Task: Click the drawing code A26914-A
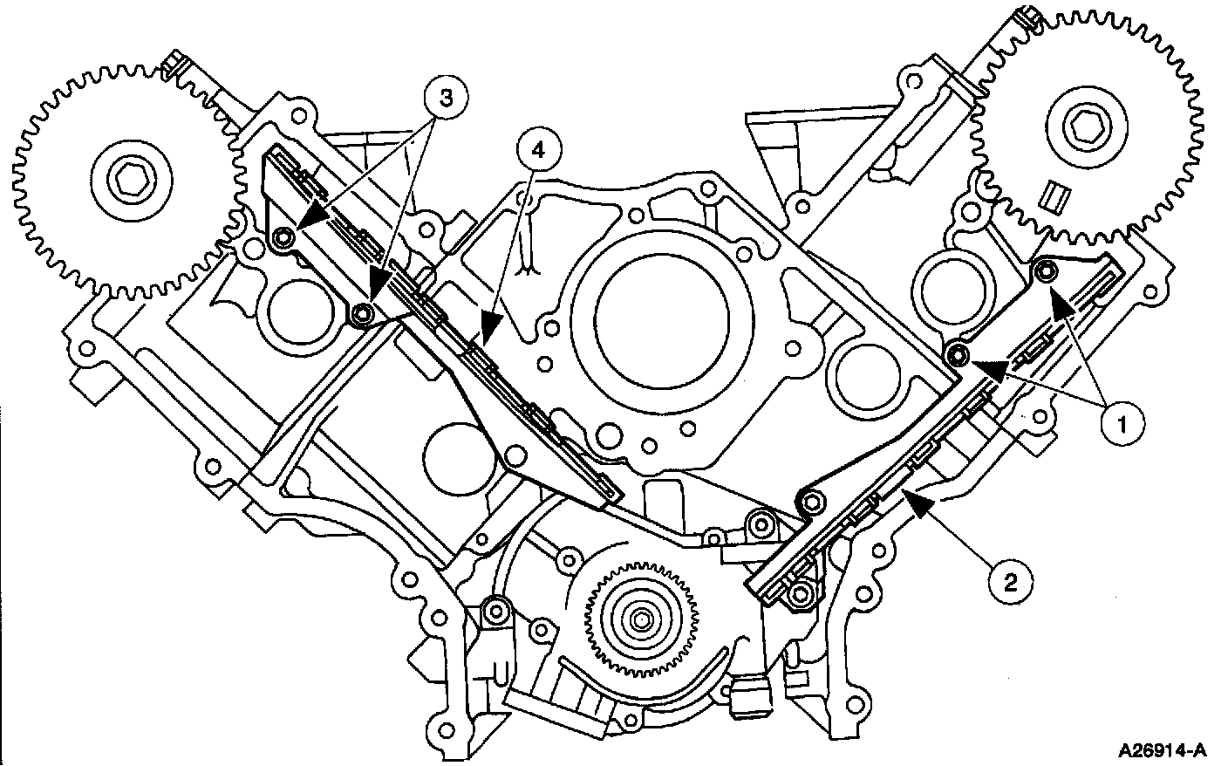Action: (x=1164, y=749)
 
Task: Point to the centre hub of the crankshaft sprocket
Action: (x=642, y=620)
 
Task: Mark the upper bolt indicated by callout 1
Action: (x=1045, y=273)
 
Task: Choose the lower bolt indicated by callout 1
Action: (x=958, y=353)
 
